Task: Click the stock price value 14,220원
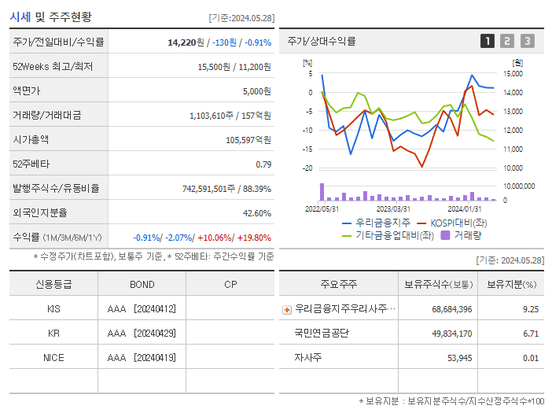[x=187, y=42]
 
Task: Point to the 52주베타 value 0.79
[x=263, y=164]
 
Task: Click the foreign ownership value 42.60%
[x=257, y=212]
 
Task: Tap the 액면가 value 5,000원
[x=256, y=91]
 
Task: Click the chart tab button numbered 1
[x=488, y=41]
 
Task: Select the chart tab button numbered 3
[x=527, y=41]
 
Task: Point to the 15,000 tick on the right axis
[x=513, y=74]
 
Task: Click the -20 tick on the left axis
[x=307, y=168]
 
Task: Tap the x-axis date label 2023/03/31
[x=393, y=208]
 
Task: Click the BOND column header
[x=142, y=284]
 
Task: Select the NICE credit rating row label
[x=53, y=357]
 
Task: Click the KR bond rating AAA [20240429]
[x=142, y=333]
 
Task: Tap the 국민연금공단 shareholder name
[x=322, y=333]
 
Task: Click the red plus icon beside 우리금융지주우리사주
[x=287, y=309]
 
